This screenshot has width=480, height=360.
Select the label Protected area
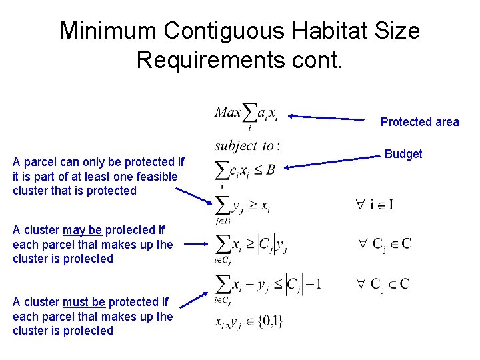pyautogui.click(x=419, y=121)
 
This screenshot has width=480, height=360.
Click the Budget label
pyautogui.click(x=403, y=154)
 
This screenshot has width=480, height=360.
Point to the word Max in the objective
pyautogui.click(x=227, y=111)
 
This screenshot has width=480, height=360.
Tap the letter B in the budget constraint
pyautogui.click(x=270, y=169)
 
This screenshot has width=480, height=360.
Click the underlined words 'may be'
pyautogui.click(x=82, y=230)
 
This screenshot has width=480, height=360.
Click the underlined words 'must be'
pyautogui.click(x=83, y=302)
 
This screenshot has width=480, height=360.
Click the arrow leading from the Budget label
pyautogui.click(x=333, y=162)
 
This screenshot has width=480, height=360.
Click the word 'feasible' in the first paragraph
pyautogui.click(x=155, y=176)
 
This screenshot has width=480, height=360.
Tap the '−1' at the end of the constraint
pyautogui.click(x=314, y=284)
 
